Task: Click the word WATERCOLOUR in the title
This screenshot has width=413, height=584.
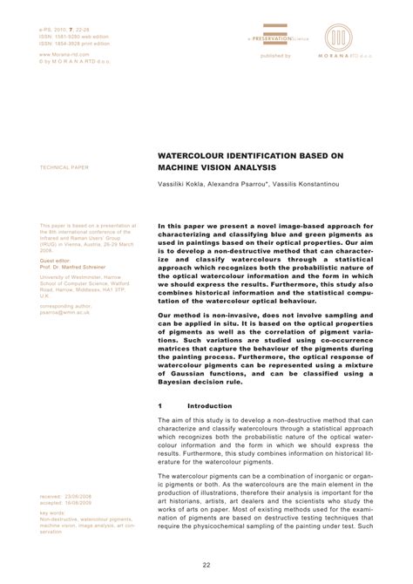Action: tap(189, 155)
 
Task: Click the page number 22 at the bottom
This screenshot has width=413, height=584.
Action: tap(206, 565)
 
